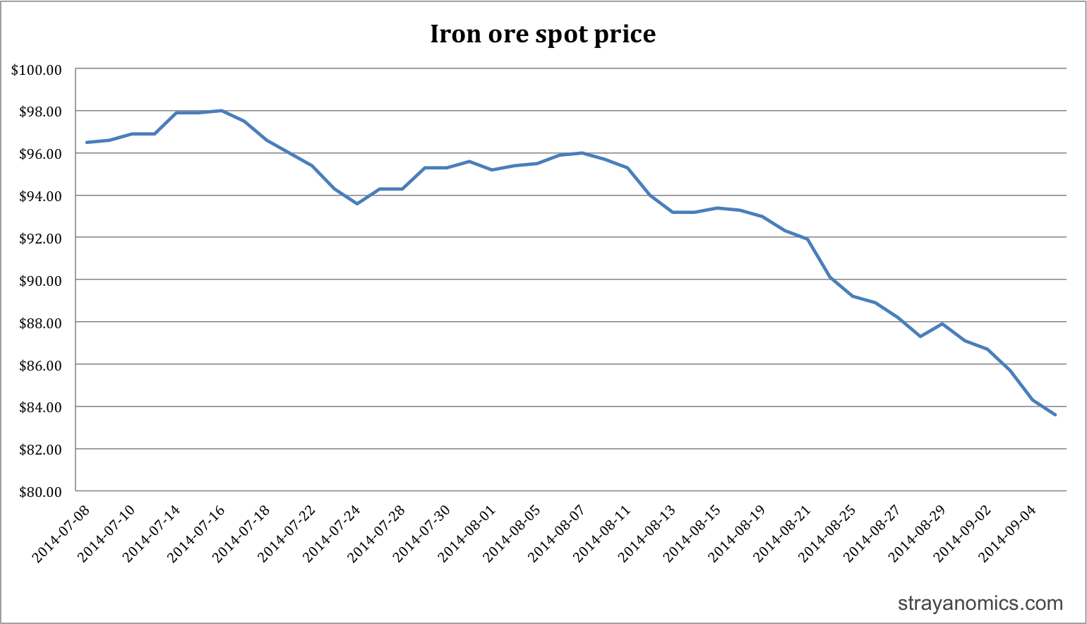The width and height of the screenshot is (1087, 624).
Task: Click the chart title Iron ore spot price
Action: (x=543, y=34)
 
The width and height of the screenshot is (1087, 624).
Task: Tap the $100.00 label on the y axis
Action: (x=37, y=70)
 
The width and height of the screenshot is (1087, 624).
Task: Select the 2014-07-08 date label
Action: (x=61, y=534)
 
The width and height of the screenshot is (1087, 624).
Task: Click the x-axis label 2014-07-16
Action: (x=196, y=534)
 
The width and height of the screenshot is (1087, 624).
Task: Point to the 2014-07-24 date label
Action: (x=332, y=534)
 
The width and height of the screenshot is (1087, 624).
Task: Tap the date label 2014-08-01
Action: (x=467, y=534)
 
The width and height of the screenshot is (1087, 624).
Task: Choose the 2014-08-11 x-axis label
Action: (x=602, y=534)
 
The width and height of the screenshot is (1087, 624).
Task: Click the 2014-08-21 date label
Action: (x=782, y=534)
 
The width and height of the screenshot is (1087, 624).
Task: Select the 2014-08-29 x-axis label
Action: (x=917, y=534)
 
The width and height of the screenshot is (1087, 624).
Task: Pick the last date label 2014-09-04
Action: (x=1007, y=534)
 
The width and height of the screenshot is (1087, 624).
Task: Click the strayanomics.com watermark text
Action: (x=980, y=604)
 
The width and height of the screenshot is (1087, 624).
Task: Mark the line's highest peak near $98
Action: (x=222, y=111)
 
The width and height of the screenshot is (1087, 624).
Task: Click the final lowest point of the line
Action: (x=1055, y=415)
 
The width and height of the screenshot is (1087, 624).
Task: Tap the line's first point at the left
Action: (x=87, y=143)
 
